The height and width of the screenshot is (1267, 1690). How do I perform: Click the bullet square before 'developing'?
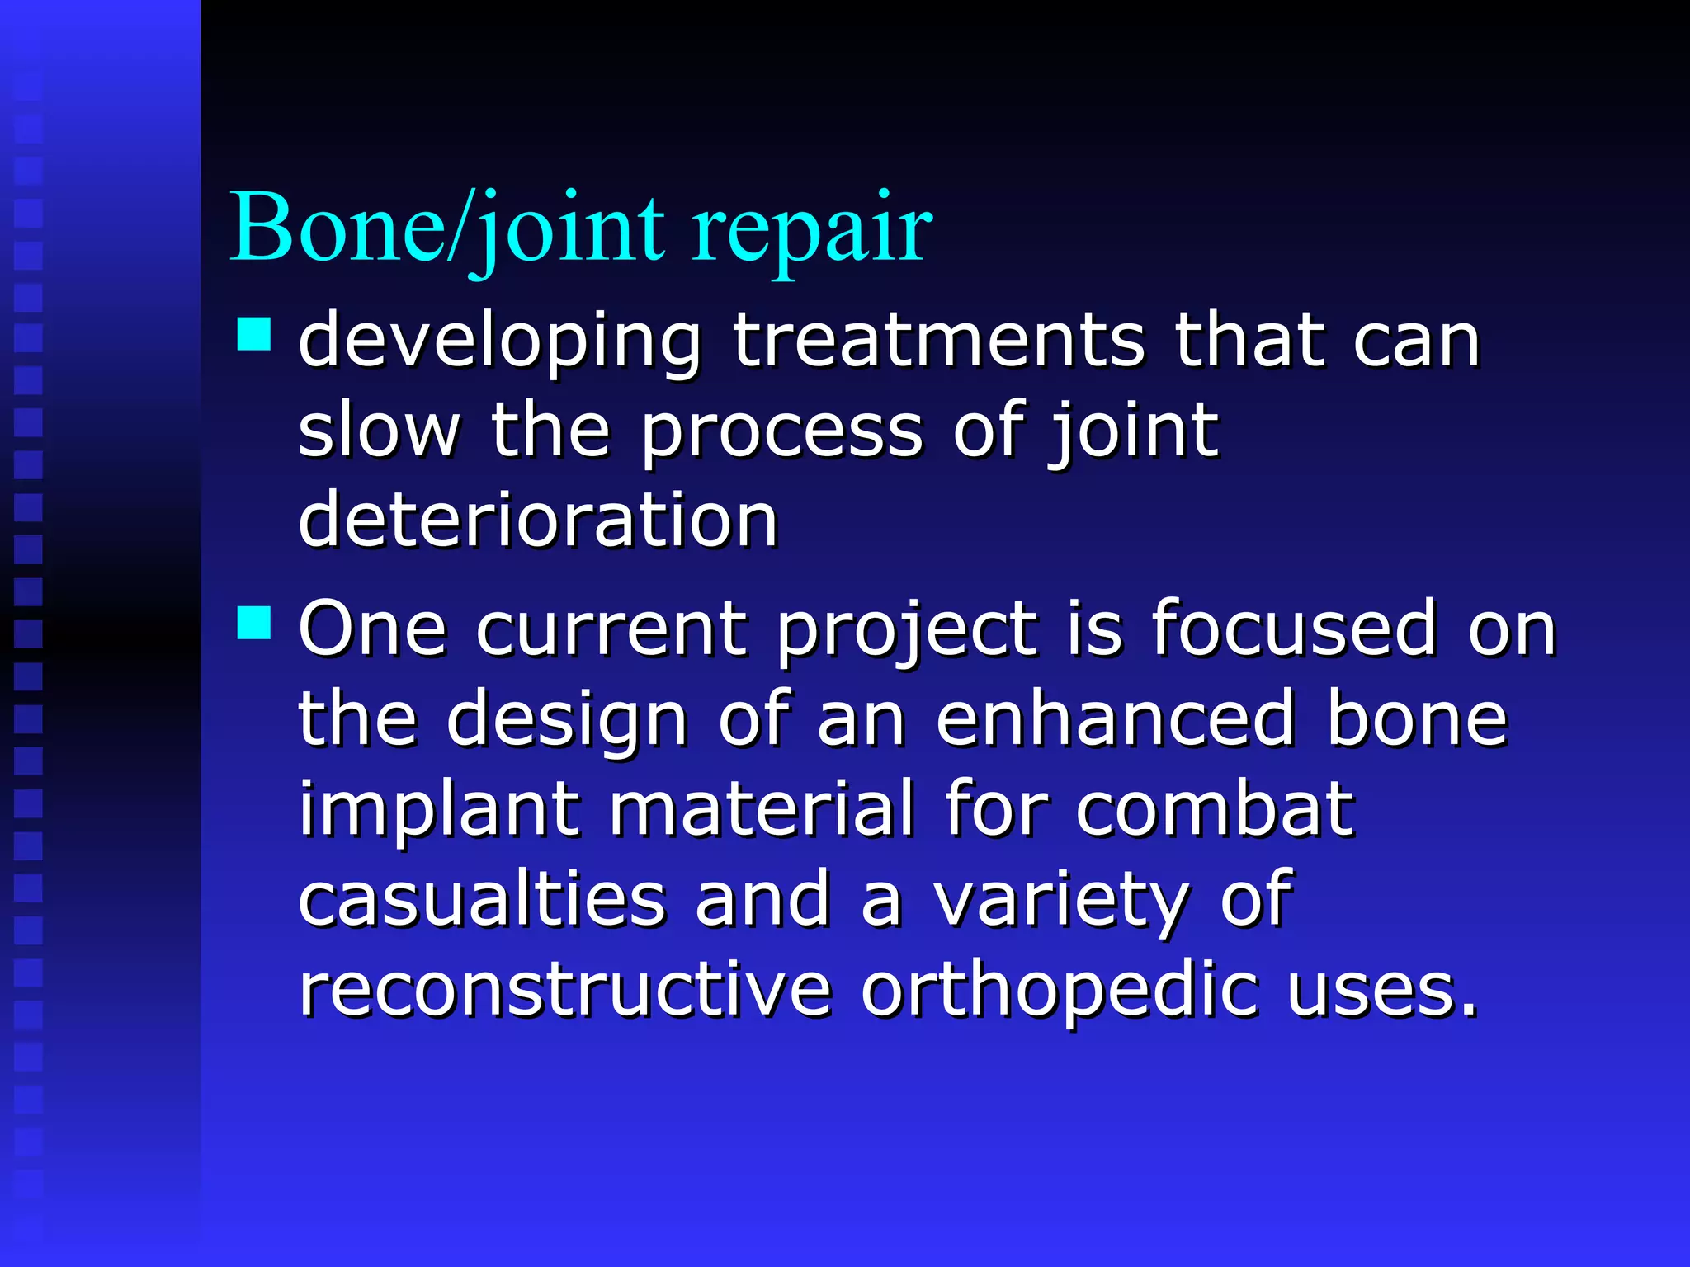click(254, 335)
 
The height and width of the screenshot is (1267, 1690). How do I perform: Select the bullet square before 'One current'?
click(254, 623)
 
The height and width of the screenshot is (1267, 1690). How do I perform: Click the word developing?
click(499, 342)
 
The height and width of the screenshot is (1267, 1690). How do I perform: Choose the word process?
click(781, 433)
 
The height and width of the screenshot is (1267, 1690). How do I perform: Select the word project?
click(907, 632)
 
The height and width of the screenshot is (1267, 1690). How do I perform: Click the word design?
click(568, 722)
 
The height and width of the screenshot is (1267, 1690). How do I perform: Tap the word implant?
click(439, 812)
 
